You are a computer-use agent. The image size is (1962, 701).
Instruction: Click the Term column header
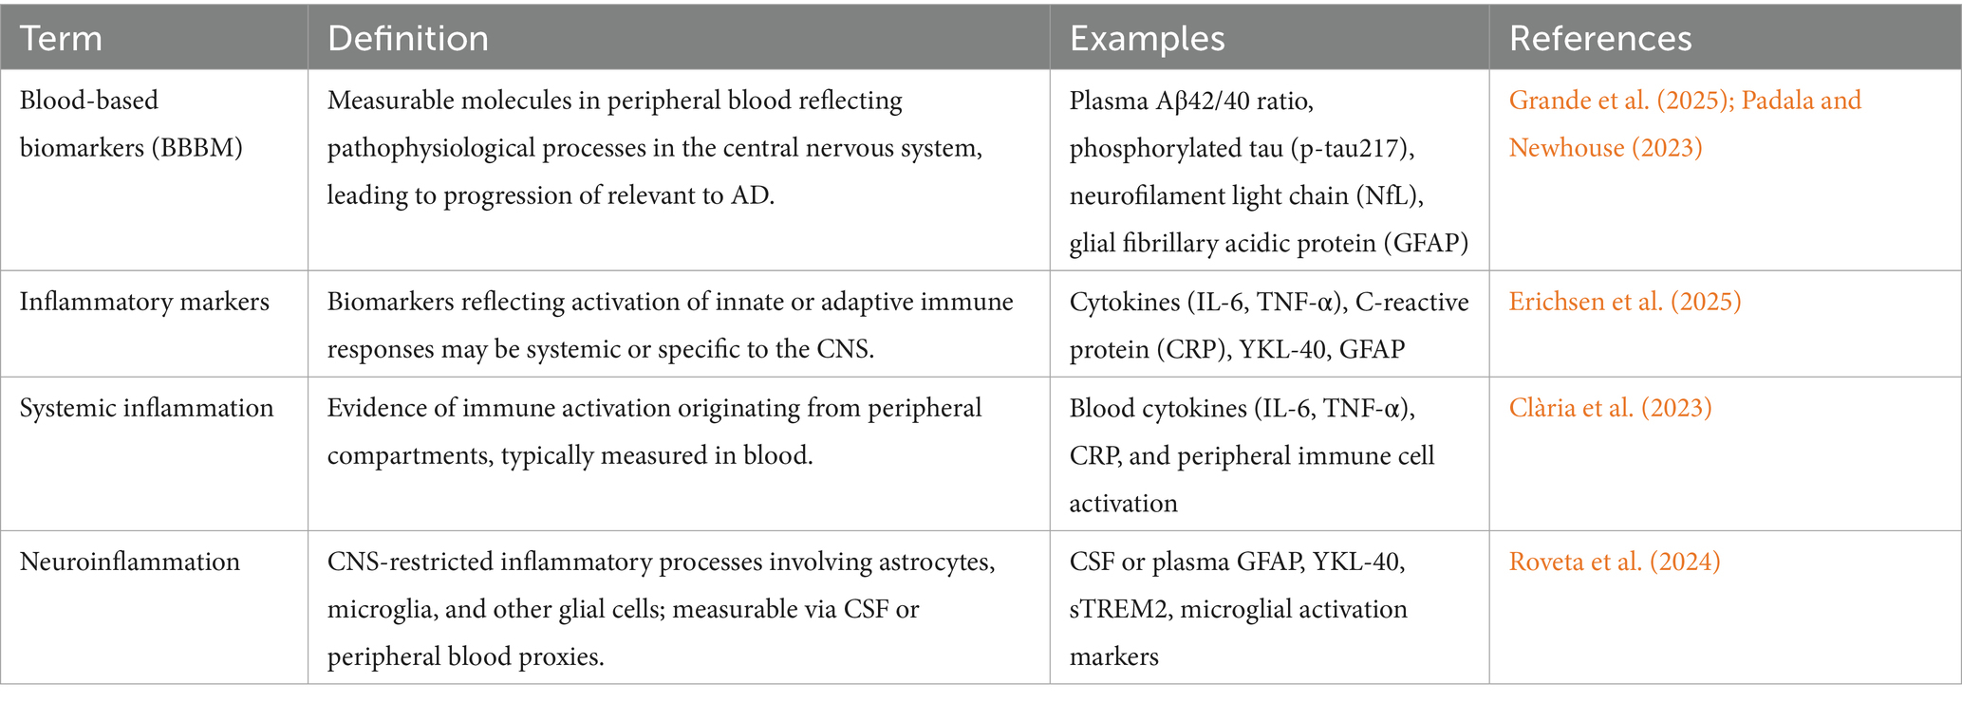(x=61, y=39)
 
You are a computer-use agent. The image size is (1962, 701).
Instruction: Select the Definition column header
(x=407, y=39)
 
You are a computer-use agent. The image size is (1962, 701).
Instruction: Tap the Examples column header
(x=1147, y=39)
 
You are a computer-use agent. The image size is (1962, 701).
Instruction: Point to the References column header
(x=1599, y=39)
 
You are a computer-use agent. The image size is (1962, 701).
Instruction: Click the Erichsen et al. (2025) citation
(x=1624, y=302)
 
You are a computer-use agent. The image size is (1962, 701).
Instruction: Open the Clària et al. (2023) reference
(x=1610, y=408)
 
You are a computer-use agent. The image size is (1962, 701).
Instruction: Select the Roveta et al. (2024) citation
(x=1614, y=562)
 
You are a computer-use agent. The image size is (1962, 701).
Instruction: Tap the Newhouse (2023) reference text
(x=1605, y=148)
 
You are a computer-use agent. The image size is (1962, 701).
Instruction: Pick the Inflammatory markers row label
(x=144, y=302)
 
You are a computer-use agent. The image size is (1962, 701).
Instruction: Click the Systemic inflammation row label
(x=146, y=408)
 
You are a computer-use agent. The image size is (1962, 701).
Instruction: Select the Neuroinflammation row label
(x=130, y=562)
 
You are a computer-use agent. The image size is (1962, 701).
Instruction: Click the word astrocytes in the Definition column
(x=936, y=562)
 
